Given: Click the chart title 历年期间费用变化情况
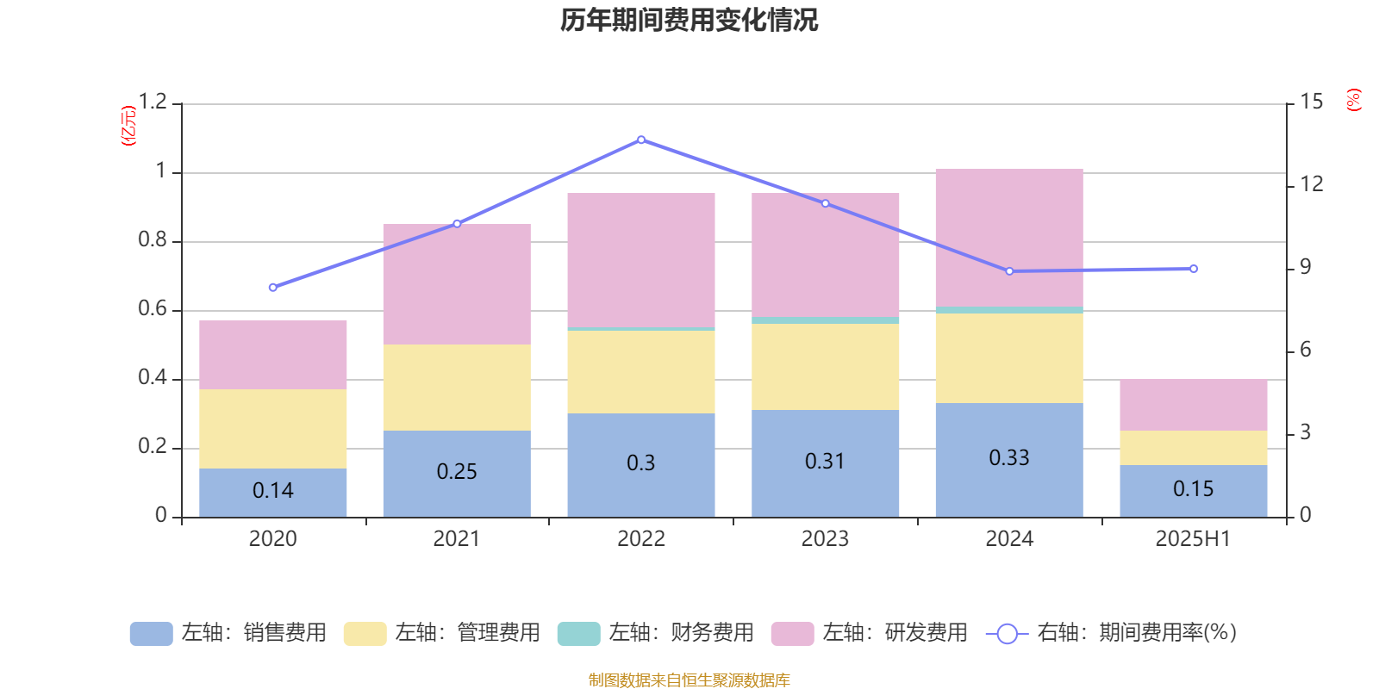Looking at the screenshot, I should [689, 20].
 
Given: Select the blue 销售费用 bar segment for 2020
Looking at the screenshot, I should [272, 493].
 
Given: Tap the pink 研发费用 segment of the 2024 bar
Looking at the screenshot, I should [1008, 237].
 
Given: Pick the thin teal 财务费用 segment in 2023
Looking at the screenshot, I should [825, 320].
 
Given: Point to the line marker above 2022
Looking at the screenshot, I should [641, 140].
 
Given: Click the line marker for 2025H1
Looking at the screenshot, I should [1193, 269].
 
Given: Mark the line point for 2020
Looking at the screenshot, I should [273, 288].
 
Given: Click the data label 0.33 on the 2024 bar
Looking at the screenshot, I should [1008, 457].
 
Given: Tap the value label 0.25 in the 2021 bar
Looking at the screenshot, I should [457, 471].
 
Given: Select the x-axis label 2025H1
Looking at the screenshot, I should [1193, 539].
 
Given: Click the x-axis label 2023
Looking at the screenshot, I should [825, 539].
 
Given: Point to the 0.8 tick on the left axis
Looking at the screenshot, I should [153, 240].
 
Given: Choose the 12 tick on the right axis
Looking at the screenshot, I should [1312, 183].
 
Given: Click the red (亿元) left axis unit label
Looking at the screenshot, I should [128, 126].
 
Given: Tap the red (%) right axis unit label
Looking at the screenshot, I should [1353, 100].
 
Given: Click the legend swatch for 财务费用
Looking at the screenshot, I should [578, 633].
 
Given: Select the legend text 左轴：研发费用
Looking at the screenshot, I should [895, 633].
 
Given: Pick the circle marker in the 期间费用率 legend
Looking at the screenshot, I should [1007, 634].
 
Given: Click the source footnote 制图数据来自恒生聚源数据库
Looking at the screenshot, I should [689, 680].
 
